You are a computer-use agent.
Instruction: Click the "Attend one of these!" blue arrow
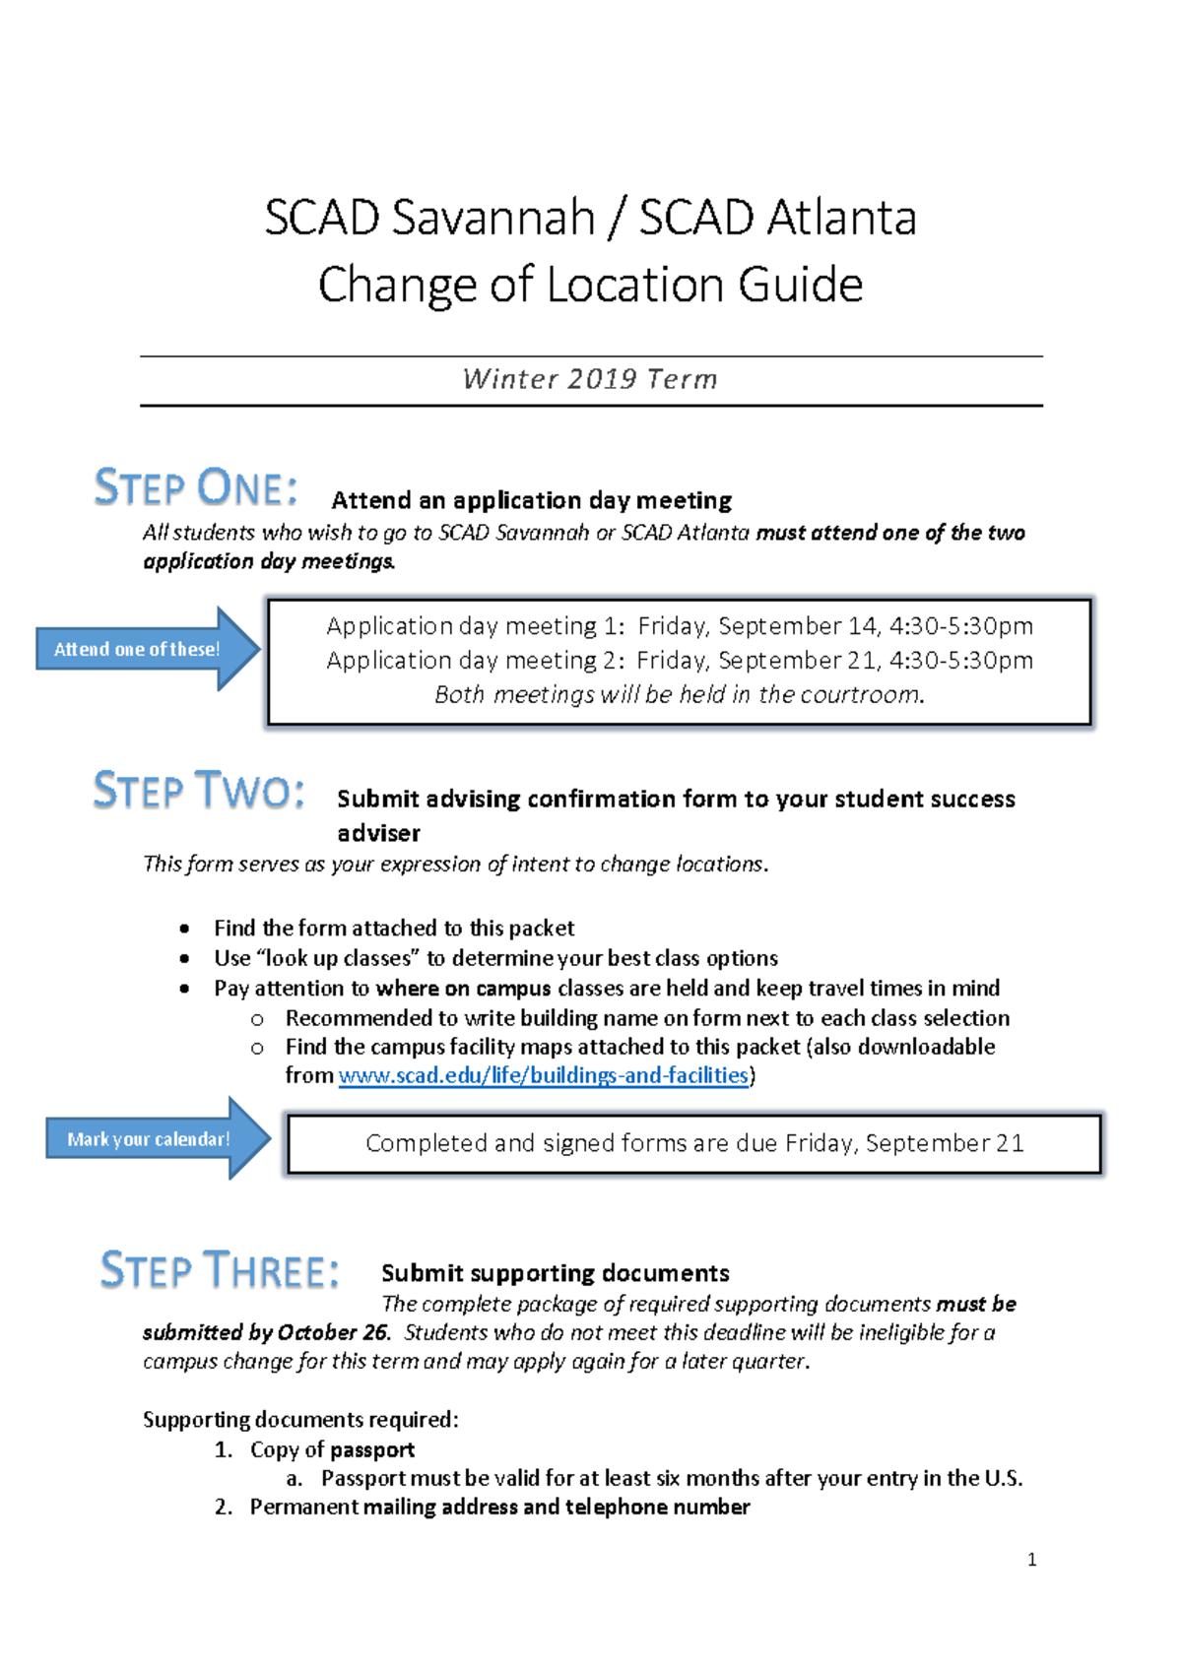tap(143, 649)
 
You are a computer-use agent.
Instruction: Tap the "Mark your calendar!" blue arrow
tap(153, 1138)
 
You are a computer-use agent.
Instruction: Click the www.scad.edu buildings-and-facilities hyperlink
tap(543, 1075)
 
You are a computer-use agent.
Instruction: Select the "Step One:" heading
tap(195, 488)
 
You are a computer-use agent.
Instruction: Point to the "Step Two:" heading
tap(198, 791)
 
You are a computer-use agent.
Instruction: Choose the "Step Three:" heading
tap(220, 1270)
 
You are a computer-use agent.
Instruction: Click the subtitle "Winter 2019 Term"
tap(590, 379)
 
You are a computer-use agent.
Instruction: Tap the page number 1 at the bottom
tap(1031, 1559)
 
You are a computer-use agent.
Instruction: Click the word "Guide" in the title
tap(800, 285)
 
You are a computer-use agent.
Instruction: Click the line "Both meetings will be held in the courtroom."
tap(680, 694)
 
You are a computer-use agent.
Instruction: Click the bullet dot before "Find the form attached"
tap(185, 929)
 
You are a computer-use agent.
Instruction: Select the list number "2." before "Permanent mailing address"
tap(224, 1507)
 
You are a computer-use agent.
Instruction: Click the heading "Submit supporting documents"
tap(555, 1273)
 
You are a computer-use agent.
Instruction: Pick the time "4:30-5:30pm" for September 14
tap(960, 626)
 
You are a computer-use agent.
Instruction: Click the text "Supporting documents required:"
tap(300, 1419)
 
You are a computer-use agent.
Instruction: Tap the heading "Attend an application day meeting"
tap(531, 500)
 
